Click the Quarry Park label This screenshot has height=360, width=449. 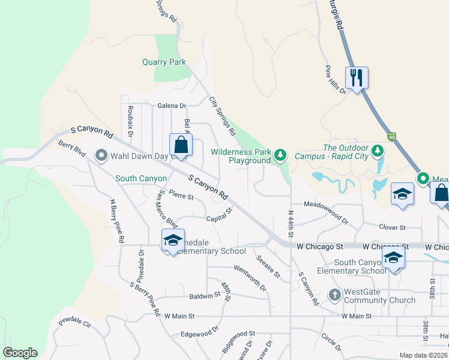(164, 62)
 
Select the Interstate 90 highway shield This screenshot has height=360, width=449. (391, 137)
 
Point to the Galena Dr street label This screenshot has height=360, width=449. (172, 106)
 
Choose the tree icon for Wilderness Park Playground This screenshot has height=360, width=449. (280, 155)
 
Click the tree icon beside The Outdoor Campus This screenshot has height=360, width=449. (378, 149)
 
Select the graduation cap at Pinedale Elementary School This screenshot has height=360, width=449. (173, 240)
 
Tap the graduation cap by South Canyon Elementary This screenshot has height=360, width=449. (393, 257)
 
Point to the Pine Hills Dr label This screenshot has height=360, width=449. (336, 80)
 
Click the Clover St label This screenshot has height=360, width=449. (393, 227)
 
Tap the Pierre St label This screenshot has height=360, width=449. (181, 194)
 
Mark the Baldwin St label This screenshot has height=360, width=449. (205, 296)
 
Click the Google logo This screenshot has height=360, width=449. (20, 353)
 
